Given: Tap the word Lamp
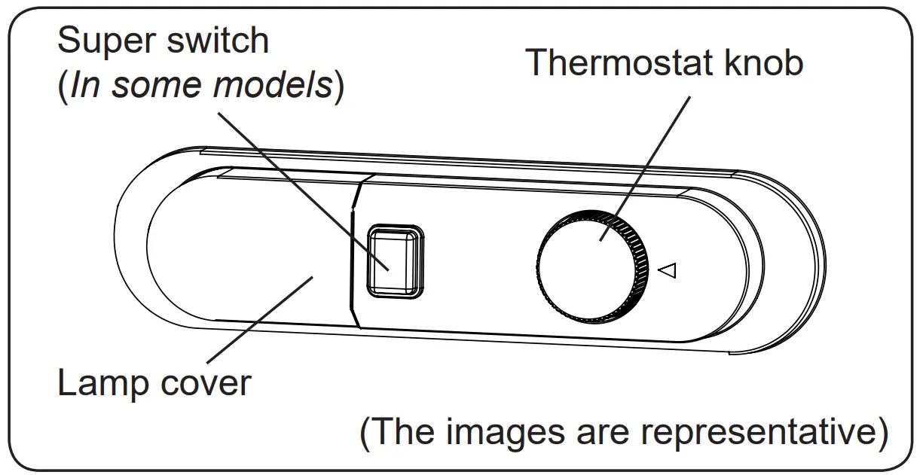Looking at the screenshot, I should (x=104, y=384).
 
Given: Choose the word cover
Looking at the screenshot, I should (x=206, y=384).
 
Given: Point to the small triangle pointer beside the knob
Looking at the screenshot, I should (x=668, y=269).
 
